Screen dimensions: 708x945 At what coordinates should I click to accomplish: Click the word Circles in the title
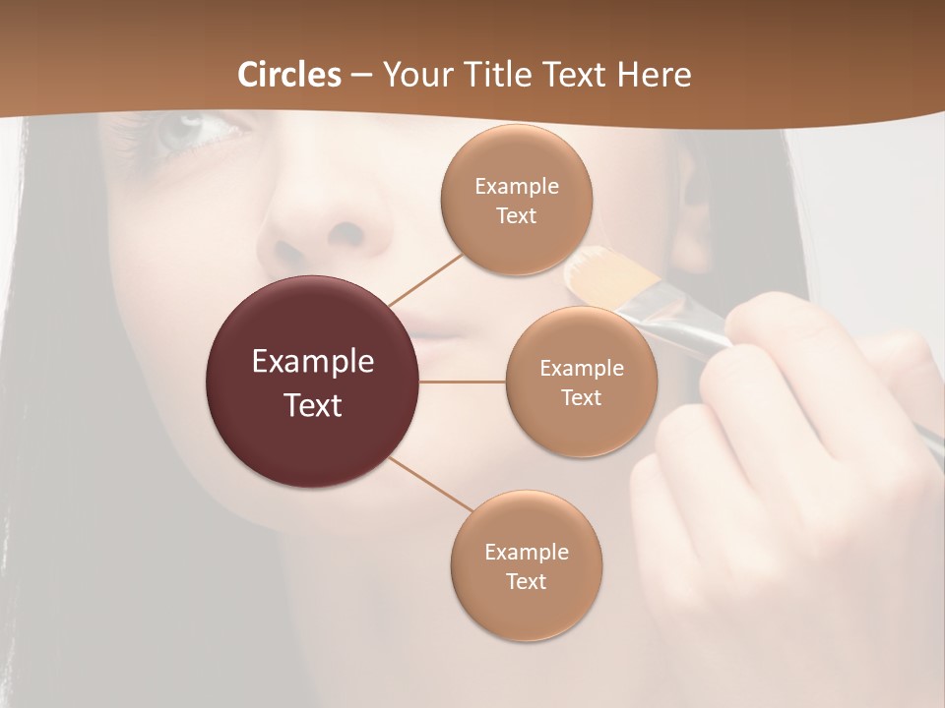pos(289,75)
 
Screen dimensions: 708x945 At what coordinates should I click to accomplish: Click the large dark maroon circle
pos(312,382)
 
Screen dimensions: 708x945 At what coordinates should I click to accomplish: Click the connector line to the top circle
pos(425,277)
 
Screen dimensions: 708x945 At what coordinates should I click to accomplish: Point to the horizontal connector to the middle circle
pos(463,382)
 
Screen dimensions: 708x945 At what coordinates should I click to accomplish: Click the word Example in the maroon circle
pos(312,362)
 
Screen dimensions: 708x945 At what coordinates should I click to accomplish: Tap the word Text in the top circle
pos(516,215)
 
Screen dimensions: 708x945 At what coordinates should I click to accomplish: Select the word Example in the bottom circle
pos(526,552)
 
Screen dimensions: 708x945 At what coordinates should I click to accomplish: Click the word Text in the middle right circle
pos(581,397)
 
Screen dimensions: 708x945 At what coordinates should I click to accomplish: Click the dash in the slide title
pos(361,76)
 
